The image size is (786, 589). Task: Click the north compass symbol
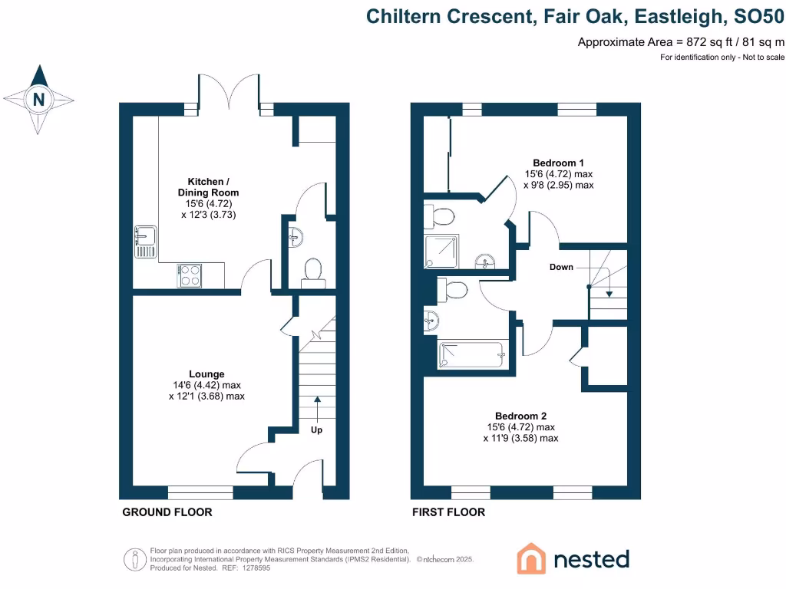(x=39, y=100)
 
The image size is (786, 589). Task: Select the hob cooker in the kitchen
(x=190, y=275)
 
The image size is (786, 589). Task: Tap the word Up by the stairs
(x=316, y=430)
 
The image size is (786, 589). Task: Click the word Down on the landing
(x=562, y=268)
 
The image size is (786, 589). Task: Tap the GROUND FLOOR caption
(x=167, y=512)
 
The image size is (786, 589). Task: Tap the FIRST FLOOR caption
(x=449, y=512)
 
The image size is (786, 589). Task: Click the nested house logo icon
(x=530, y=558)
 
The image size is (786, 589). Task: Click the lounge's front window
(x=200, y=491)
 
